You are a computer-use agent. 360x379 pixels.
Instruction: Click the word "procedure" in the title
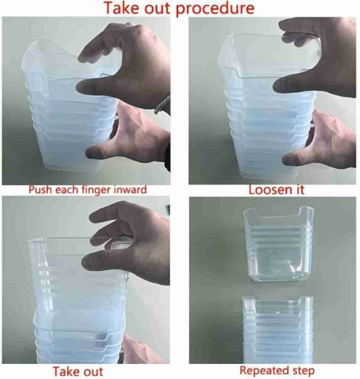(215, 8)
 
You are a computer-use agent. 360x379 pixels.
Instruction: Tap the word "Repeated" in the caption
(262, 370)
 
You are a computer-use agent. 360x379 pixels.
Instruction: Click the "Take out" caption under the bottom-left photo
(78, 371)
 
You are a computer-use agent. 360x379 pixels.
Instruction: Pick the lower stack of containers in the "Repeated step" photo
(277, 330)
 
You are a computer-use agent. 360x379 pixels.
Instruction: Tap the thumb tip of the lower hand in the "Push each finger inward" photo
(93, 152)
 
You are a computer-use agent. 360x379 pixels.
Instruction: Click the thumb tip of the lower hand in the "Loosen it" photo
(290, 159)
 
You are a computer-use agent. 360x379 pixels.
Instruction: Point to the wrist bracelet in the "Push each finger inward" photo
(162, 106)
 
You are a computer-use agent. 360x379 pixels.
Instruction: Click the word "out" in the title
(157, 8)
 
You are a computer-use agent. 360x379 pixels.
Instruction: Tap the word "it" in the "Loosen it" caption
(299, 190)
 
